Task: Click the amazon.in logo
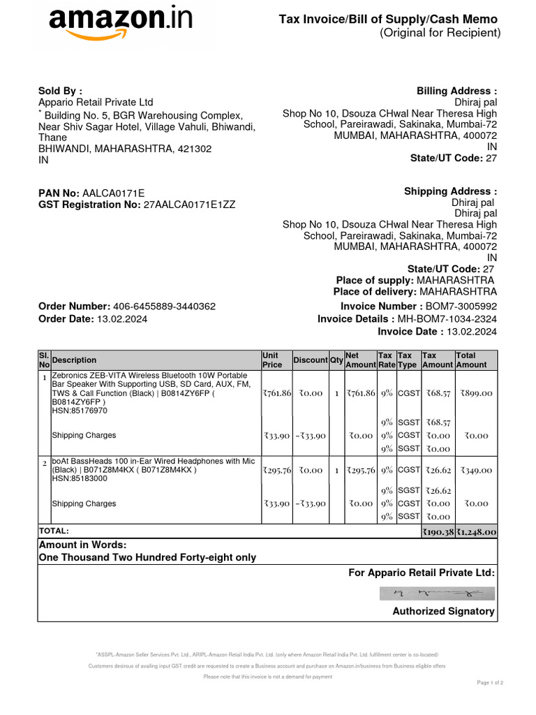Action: (120, 25)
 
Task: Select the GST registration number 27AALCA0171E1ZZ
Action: (189, 205)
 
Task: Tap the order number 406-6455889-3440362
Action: (164, 307)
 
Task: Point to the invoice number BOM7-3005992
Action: (461, 307)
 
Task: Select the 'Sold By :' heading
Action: (60, 91)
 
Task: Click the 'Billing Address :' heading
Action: (456, 91)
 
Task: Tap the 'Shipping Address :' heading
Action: (450, 191)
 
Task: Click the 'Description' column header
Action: (75, 360)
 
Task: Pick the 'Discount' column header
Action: (310, 360)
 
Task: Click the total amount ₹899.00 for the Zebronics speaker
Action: (476, 394)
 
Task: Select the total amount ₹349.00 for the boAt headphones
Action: (476, 471)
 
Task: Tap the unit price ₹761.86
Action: (276, 394)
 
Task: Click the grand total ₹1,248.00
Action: (477, 532)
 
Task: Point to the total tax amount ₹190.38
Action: (438, 532)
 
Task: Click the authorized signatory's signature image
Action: (438, 594)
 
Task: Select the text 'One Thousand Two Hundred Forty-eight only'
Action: (147, 557)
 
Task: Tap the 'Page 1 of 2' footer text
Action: (490, 682)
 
